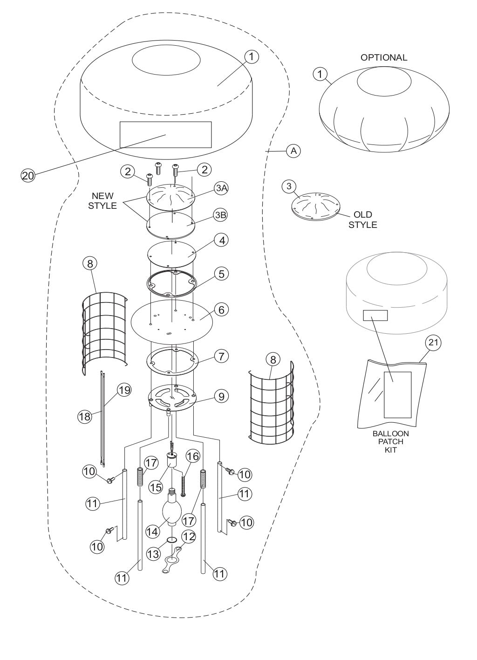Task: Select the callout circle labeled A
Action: pos(293,151)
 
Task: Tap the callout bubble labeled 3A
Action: pos(221,188)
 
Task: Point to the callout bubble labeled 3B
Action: pos(221,216)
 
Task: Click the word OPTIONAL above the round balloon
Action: pos(383,57)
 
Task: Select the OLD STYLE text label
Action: pos(362,220)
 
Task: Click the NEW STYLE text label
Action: pos(102,201)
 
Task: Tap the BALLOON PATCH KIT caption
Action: pos(391,441)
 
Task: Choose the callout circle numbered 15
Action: pos(156,486)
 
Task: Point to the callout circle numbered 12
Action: pos(189,536)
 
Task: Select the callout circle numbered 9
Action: pos(221,396)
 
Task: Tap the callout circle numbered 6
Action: pos(221,309)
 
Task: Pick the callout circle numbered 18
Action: pos(85,416)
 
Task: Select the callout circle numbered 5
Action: pos(221,274)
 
